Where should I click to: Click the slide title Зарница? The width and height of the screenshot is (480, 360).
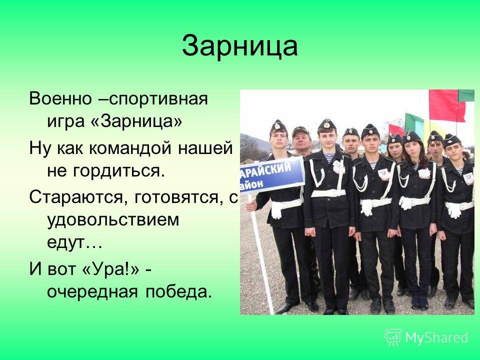pyautogui.click(x=239, y=46)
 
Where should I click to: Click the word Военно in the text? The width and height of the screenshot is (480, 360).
pyautogui.click(x=60, y=99)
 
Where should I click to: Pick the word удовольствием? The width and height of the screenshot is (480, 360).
pyautogui.click(x=113, y=220)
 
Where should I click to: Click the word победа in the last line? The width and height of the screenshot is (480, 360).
pyautogui.click(x=178, y=291)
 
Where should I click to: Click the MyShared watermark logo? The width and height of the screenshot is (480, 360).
pyautogui.click(x=426, y=337)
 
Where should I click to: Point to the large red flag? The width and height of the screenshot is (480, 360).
pyautogui.click(x=446, y=105)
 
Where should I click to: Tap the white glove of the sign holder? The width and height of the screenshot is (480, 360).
pyautogui.click(x=276, y=209)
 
